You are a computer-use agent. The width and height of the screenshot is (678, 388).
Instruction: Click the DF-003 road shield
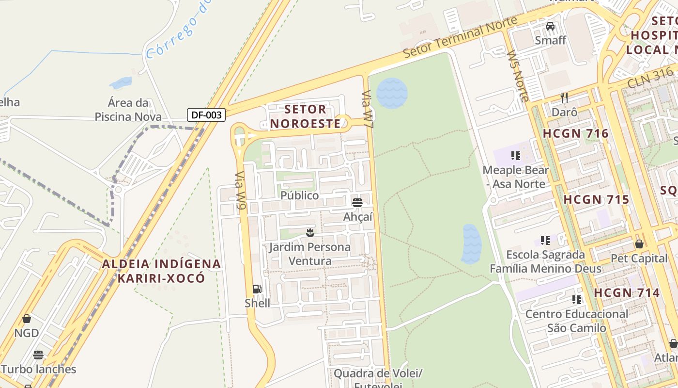tap(206, 115)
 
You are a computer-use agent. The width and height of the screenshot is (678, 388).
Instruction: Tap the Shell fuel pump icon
tap(257, 290)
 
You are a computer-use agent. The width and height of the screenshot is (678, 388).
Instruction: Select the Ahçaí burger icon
tap(357, 203)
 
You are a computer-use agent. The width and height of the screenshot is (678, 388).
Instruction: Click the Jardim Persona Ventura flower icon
tap(310, 233)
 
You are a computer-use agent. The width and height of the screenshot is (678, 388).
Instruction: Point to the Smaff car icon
tap(550, 26)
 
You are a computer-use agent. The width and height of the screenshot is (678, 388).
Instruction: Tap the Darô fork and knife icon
tap(564, 98)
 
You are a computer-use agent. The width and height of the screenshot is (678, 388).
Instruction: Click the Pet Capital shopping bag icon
tap(639, 244)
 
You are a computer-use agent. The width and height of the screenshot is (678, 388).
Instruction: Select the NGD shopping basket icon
tap(27, 319)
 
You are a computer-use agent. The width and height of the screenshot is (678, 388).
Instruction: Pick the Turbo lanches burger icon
tap(38, 355)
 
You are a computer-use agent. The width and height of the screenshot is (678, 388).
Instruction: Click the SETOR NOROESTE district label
tap(306, 116)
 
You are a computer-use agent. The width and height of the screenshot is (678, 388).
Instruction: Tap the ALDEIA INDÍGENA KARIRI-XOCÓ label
tap(161, 271)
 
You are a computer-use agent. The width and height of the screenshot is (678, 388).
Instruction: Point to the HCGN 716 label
tap(575, 134)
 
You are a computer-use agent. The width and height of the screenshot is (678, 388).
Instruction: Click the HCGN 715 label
tap(596, 200)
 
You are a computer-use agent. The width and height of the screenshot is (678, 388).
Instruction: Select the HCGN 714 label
tap(627, 293)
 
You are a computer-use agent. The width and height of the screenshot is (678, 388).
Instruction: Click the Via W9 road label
tap(240, 191)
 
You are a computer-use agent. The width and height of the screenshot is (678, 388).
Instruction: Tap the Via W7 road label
tap(368, 109)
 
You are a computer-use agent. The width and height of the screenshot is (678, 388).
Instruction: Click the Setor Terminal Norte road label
tap(460, 37)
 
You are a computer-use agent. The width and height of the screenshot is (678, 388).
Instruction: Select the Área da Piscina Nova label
tap(128, 110)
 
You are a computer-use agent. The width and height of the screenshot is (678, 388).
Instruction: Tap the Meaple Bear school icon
tap(516, 156)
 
